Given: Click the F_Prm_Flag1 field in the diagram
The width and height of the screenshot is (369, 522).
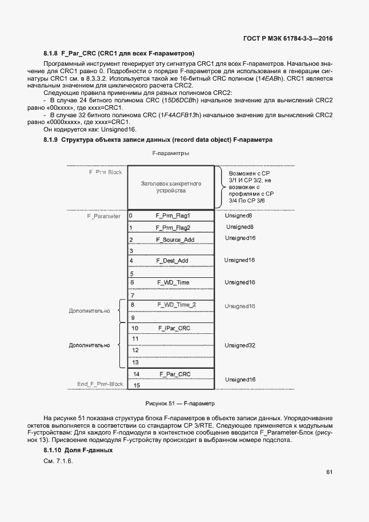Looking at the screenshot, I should (173, 216).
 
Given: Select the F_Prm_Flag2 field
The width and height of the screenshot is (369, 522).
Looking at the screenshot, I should (173, 228).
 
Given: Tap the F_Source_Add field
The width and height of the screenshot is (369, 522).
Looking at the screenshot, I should (175, 239).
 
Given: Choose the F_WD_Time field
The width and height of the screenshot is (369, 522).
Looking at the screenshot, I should (173, 282).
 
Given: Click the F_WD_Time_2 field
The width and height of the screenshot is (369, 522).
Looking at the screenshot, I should (175, 305).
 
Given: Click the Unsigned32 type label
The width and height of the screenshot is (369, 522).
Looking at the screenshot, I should (239, 345).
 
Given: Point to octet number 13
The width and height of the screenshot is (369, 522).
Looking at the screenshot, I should (135, 362).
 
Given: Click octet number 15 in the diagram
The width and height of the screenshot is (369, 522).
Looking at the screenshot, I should (137, 385).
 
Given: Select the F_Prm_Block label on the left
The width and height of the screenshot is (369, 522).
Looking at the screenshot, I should (105, 172).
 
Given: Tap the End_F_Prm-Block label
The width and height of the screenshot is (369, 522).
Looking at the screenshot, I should (100, 384).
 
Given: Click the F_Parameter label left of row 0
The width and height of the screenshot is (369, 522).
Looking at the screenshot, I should (103, 217).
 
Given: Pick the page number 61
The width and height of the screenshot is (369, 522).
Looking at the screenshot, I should (330, 472).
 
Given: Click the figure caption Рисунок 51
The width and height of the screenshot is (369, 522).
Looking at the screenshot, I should (179, 403).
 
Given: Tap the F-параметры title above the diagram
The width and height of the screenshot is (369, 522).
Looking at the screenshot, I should (171, 154).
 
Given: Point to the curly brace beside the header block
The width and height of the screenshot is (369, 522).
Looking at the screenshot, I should (219, 188).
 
